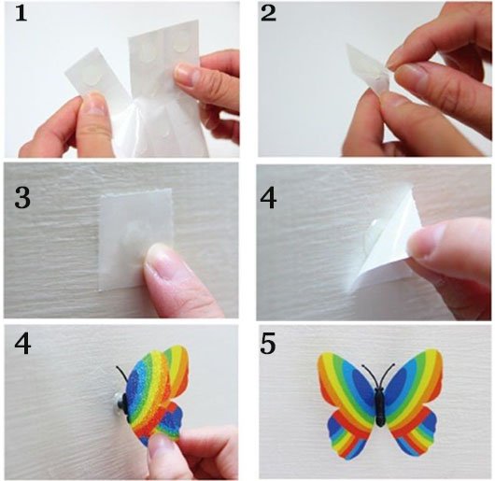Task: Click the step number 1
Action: (x=21, y=14)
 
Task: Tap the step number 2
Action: (x=268, y=14)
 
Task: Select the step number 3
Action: (x=22, y=198)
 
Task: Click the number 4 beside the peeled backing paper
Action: (x=268, y=198)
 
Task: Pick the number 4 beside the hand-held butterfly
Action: (x=22, y=344)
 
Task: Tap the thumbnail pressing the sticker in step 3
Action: (x=161, y=258)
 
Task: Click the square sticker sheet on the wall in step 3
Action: (x=136, y=239)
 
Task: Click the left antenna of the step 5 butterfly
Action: (x=370, y=375)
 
